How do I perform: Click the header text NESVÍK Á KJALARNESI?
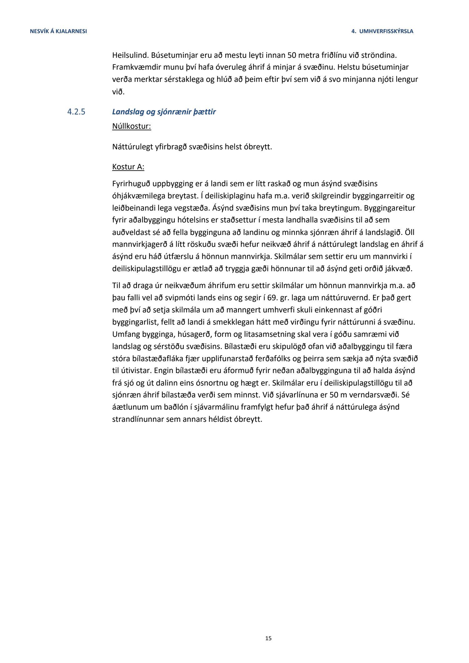[58, 31]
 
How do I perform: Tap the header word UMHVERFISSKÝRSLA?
[386, 31]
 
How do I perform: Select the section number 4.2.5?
[76, 112]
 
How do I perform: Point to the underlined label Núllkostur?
[132, 127]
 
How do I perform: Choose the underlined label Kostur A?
[128, 167]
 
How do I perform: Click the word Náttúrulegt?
[132, 147]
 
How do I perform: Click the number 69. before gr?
[273, 298]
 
